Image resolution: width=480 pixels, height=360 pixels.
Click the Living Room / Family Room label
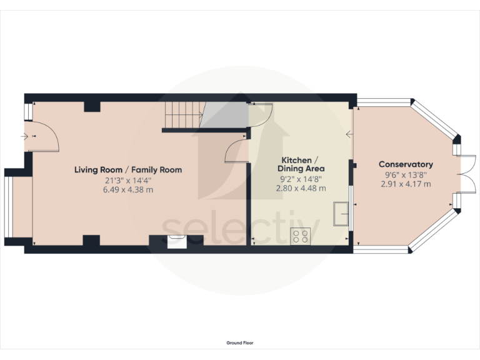point(128,169)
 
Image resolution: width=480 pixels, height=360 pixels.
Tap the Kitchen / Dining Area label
point(301,164)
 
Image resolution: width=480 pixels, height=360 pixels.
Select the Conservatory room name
point(406,164)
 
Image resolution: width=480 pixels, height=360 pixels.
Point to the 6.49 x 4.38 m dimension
point(128,189)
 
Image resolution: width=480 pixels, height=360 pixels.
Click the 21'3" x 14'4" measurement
point(128,180)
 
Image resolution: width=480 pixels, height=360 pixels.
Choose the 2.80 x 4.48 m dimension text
point(301,188)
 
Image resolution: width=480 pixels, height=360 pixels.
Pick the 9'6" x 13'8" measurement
point(406,174)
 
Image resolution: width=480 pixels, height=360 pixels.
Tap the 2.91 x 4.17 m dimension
point(406,184)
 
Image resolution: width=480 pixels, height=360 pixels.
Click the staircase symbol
point(182,115)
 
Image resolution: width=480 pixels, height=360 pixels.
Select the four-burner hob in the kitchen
point(301,236)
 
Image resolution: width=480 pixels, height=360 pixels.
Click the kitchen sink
point(341,213)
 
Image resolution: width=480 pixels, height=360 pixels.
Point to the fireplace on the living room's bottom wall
point(177,241)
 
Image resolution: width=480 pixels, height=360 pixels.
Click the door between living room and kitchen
point(237,152)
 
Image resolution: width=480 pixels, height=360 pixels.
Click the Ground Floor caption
point(240,342)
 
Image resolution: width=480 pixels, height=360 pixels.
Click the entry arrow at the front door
point(25,136)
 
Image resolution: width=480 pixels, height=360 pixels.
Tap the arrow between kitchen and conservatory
point(349,133)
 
